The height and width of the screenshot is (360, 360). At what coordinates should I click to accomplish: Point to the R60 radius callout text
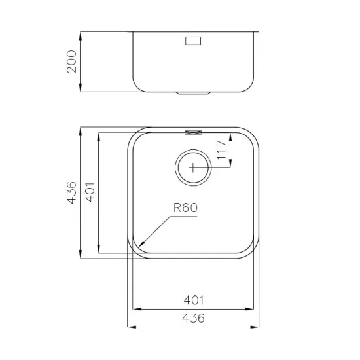[185, 208]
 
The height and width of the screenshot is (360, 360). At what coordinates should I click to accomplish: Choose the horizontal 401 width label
[194, 300]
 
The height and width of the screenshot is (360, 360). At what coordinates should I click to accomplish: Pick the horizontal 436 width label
[194, 318]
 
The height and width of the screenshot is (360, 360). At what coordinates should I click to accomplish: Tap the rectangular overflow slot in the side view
[194, 41]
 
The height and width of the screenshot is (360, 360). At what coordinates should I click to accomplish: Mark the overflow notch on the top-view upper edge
[194, 133]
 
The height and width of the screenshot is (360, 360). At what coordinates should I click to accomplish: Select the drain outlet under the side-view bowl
[194, 94]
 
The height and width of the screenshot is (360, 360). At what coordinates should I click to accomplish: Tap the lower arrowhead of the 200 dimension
[81, 91]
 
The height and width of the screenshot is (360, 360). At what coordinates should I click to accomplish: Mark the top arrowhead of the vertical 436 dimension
[81, 128]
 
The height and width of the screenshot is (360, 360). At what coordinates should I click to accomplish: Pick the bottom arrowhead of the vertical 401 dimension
[98, 251]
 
